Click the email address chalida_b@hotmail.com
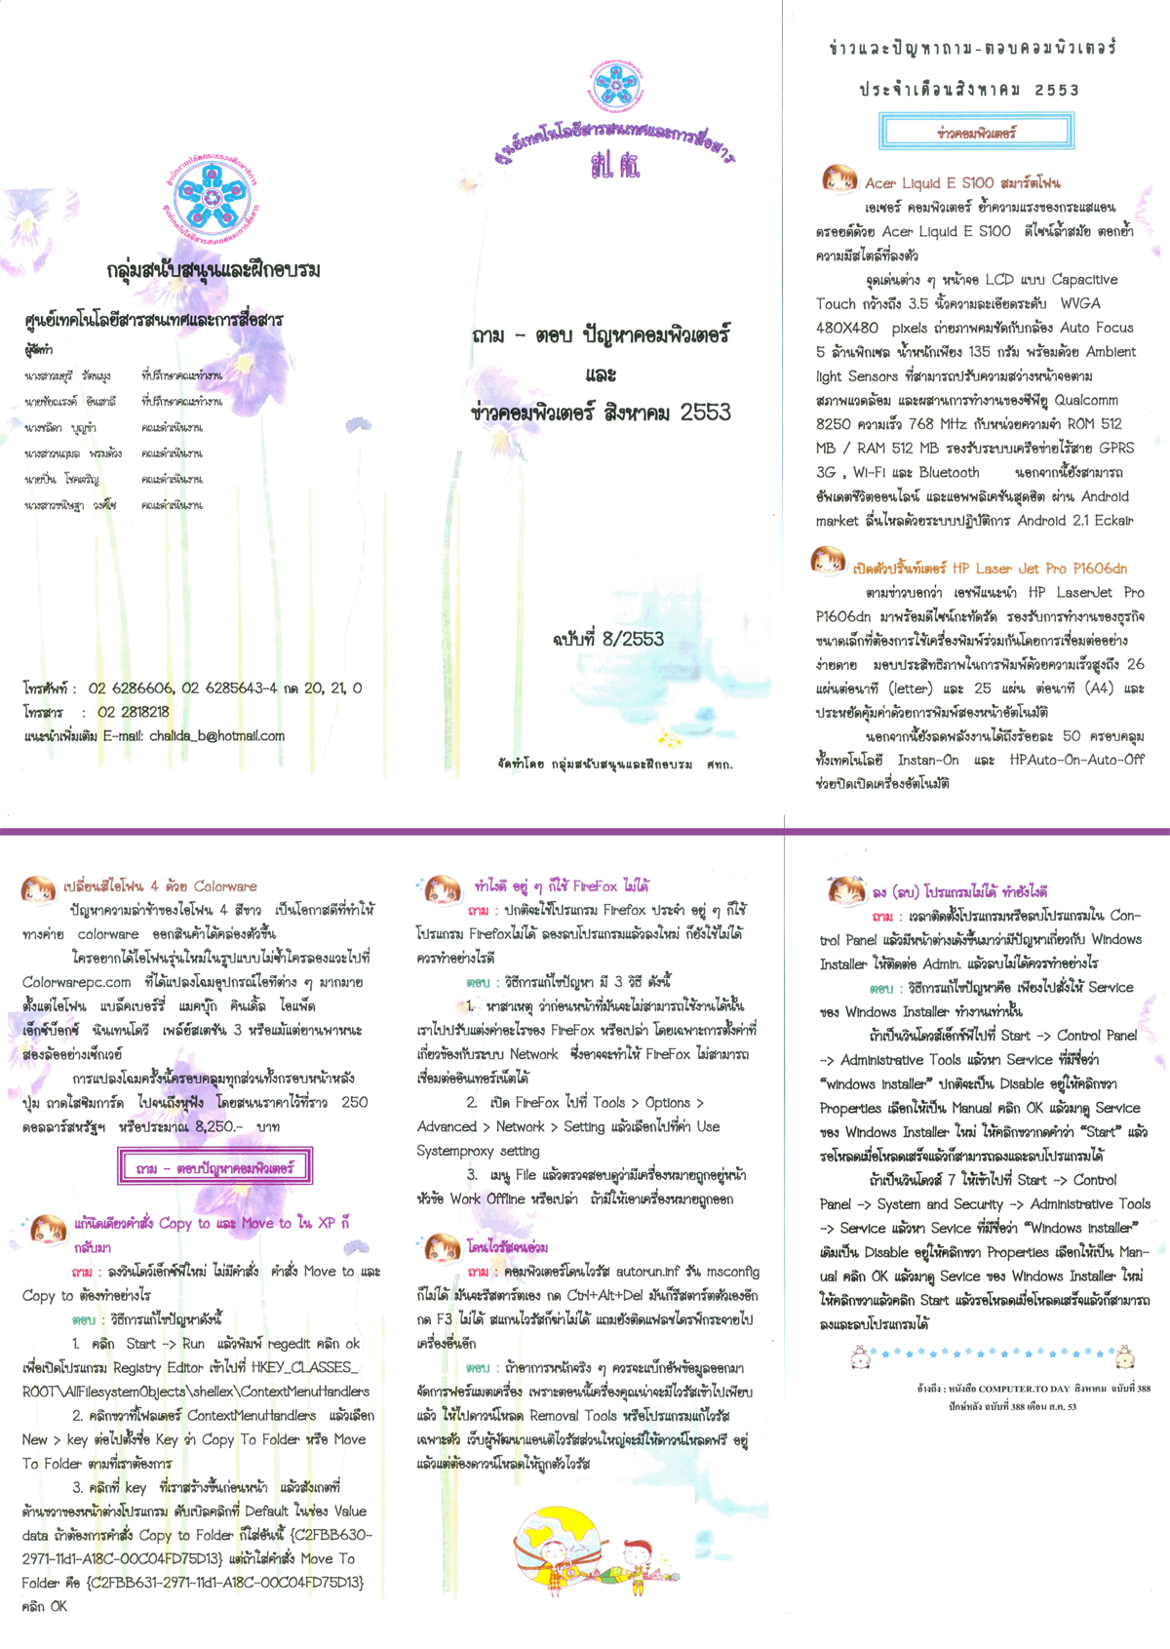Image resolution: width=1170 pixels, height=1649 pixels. pyautogui.click(x=216, y=736)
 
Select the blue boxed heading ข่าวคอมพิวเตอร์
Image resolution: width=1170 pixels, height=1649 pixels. pyautogui.click(x=976, y=132)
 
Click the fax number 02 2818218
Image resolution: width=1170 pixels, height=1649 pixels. pyautogui.click(x=133, y=712)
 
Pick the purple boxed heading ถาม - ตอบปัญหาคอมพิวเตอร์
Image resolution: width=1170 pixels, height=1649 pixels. pyautogui.click(x=214, y=1167)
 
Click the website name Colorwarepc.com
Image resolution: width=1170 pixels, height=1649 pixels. pyautogui.click(x=77, y=982)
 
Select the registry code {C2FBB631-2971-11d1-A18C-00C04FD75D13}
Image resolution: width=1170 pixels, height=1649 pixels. pyautogui.click(x=225, y=1583)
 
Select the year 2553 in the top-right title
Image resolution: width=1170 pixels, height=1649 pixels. pyautogui.click(x=1057, y=91)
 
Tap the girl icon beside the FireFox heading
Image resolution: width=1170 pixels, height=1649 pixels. pyautogui.click(x=441, y=888)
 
